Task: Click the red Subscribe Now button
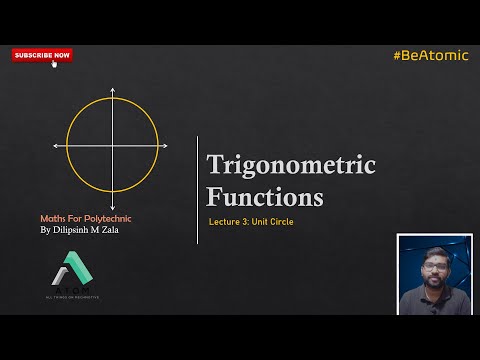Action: coord(42,55)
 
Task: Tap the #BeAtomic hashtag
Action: coord(430,55)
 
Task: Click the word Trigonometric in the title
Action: coord(290,165)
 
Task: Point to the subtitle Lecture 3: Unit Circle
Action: coord(251,220)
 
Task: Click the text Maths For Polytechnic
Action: coord(85,218)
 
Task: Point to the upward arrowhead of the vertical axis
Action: coord(112,91)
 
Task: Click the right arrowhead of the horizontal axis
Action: coord(165,146)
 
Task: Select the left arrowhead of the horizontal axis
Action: coord(56,146)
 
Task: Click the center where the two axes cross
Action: coord(112,146)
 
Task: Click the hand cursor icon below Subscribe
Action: coord(54,64)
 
